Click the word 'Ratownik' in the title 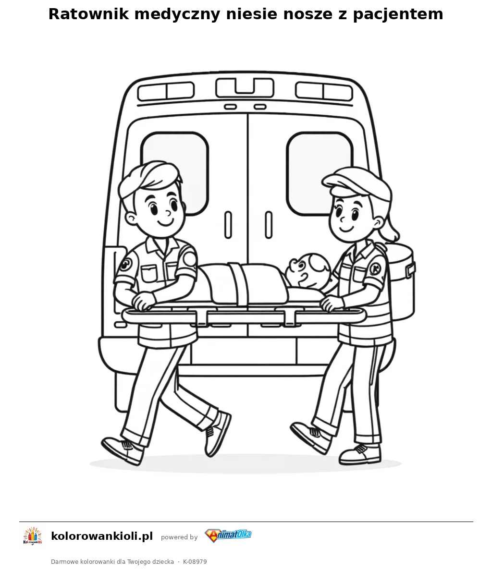[89, 14]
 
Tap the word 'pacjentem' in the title [398, 14]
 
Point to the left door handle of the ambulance [228, 225]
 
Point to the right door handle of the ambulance [269, 225]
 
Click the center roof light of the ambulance [245, 88]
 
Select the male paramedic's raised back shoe [218, 434]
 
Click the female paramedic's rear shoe [310, 437]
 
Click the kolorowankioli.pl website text [102, 536]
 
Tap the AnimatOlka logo [228, 535]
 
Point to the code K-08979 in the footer [195, 562]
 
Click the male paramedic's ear [131, 218]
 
